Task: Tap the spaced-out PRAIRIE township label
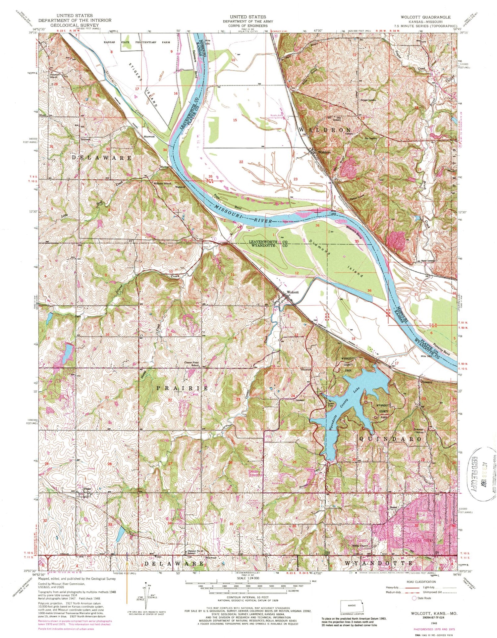(182, 388)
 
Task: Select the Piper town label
(87, 489)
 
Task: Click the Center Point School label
(191, 364)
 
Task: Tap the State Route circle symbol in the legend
(414, 598)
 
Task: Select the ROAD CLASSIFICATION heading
(419, 582)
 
